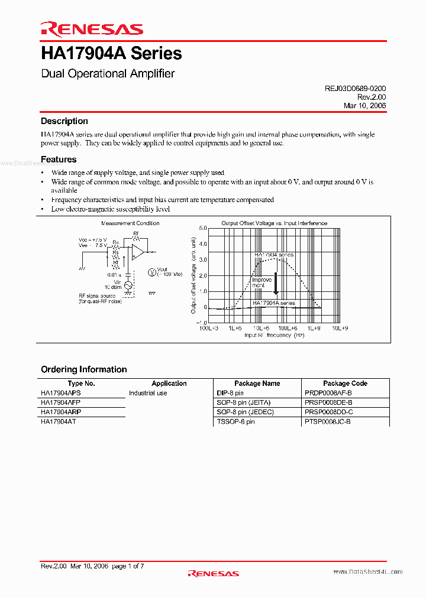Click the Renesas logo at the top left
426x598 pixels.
point(92,29)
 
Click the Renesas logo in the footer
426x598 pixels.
point(213,573)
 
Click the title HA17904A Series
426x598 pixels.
point(111,54)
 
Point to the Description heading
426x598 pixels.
point(64,121)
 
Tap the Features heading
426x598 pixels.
point(59,160)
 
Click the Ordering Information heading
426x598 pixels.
point(83,369)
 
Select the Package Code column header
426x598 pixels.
point(345,383)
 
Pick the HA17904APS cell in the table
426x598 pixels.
point(61,393)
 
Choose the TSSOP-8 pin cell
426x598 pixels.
point(235,421)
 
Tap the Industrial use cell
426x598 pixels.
point(148,393)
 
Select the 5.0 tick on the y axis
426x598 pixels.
point(202,228)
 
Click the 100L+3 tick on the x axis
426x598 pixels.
point(208,327)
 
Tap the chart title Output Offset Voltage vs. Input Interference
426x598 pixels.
point(274,223)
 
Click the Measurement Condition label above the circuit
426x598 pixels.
point(130,223)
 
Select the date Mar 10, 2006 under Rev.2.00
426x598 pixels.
point(364,105)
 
